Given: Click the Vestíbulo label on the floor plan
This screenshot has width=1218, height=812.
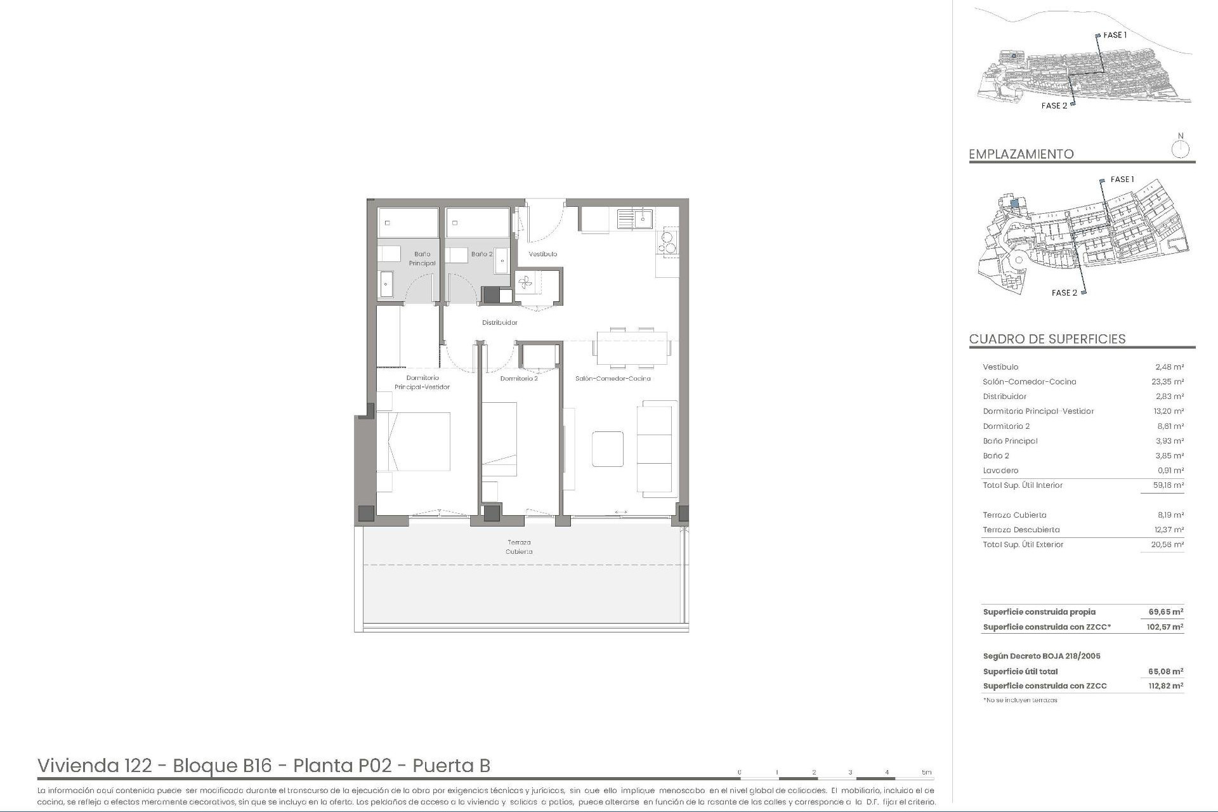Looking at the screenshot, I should (543, 254).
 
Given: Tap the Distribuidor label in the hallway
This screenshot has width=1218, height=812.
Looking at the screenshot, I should (500, 322).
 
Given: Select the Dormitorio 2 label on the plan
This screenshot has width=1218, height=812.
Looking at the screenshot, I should (519, 379).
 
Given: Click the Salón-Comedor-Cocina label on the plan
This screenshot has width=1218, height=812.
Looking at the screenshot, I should (613, 379).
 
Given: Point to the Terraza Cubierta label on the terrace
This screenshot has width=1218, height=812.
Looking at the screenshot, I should (519, 547).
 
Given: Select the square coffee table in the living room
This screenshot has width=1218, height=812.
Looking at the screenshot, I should (608, 449).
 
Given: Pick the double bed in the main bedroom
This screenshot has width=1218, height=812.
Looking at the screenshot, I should (414, 442).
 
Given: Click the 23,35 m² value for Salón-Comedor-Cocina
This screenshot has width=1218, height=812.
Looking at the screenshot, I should (1168, 382).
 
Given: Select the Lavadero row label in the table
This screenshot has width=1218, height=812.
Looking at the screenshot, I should (1000, 471).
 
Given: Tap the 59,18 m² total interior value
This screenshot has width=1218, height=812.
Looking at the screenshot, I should (1168, 485).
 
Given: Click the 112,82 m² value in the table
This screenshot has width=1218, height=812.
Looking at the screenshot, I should (1165, 686).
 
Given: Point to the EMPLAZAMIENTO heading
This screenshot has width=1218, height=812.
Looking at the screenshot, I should (1021, 154).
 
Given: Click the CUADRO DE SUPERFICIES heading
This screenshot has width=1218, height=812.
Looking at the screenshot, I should (1047, 339).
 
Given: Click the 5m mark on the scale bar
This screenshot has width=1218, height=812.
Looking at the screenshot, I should (927, 772).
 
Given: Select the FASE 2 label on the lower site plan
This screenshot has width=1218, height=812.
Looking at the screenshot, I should (1064, 293).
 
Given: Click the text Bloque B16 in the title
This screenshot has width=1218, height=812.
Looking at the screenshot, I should (222, 766).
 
